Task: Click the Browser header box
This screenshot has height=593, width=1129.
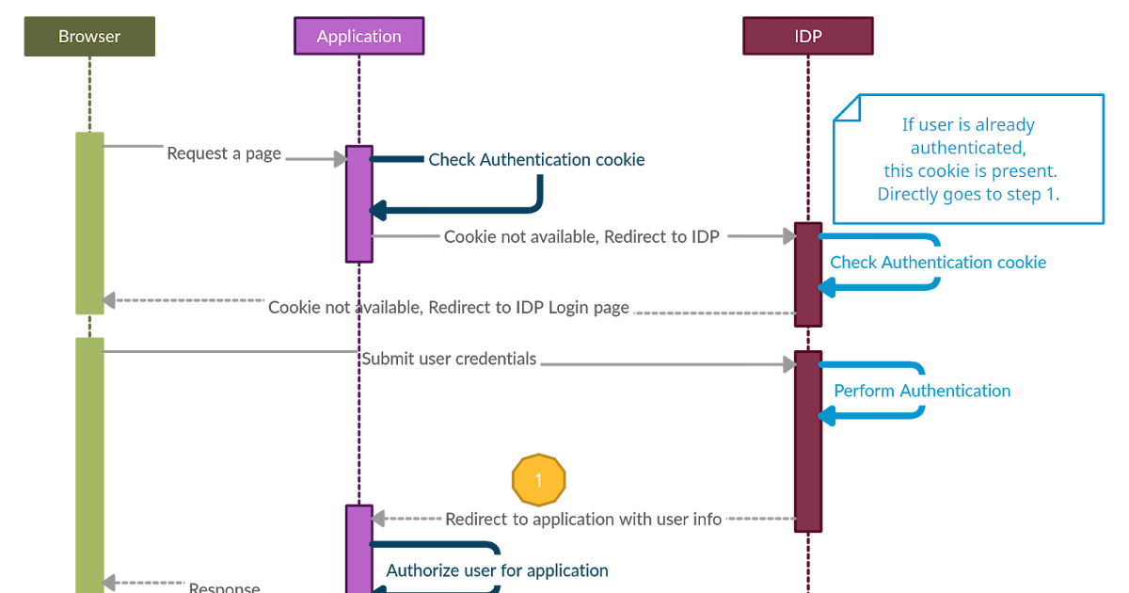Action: click(89, 37)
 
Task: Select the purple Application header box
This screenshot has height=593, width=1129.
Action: click(358, 37)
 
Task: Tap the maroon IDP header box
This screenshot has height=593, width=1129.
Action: click(808, 37)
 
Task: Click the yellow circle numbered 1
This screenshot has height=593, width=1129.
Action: click(538, 480)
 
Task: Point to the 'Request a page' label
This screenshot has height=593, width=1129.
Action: click(224, 153)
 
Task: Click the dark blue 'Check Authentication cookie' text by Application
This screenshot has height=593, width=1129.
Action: click(536, 160)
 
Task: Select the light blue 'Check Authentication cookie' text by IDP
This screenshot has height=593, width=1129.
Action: click(938, 263)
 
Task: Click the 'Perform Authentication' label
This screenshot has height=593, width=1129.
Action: click(922, 391)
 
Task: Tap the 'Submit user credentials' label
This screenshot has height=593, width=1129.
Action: click(449, 359)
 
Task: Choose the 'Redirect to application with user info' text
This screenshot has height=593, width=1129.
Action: click(583, 519)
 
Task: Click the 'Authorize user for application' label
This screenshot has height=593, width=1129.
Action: click(497, 570)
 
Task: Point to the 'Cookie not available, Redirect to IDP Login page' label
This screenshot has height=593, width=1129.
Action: click(449, 308)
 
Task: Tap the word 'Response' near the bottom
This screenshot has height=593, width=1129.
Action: click(224, 587)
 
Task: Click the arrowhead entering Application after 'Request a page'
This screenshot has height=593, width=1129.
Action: click(340, 160)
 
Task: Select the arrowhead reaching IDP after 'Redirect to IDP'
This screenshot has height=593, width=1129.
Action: click(789, 236)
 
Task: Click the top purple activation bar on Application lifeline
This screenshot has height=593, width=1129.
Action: click(358, 202)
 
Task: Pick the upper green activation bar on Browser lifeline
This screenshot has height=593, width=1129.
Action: click(89, 222)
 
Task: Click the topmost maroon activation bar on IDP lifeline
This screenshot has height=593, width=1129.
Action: click(808, 274)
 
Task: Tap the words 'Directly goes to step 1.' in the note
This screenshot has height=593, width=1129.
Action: click(969, 195)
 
